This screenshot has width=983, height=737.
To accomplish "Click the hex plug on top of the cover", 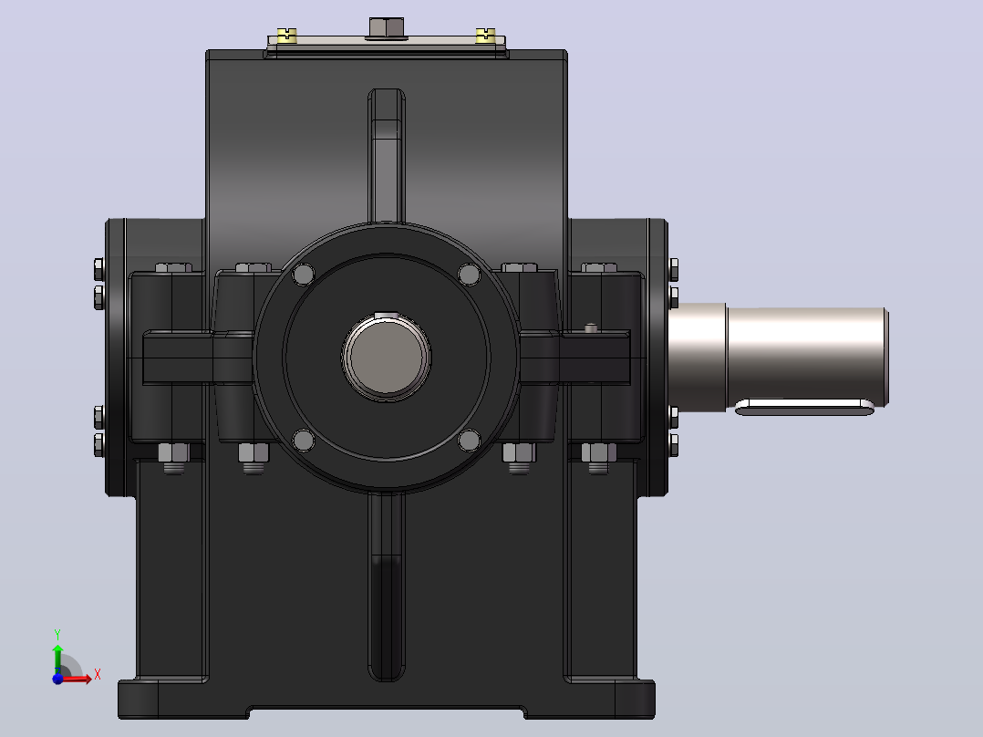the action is pos(387,27).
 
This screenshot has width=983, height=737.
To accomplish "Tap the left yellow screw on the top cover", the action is pos(287,35).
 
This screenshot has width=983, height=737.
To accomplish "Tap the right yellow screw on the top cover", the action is pos(485,36).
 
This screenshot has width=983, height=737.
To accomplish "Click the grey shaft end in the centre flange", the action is pos(387,357).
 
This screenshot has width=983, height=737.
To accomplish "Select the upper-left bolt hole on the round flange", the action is pos(304,275).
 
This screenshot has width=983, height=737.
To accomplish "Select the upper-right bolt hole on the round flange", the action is pos(469,275).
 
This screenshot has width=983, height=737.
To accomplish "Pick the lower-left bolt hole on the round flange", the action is pos(304,441).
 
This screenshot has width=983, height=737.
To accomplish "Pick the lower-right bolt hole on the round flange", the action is pos(469,441).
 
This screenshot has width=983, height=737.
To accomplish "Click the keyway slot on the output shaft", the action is pos(804,409).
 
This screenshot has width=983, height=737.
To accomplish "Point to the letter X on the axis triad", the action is pos(98,675).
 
